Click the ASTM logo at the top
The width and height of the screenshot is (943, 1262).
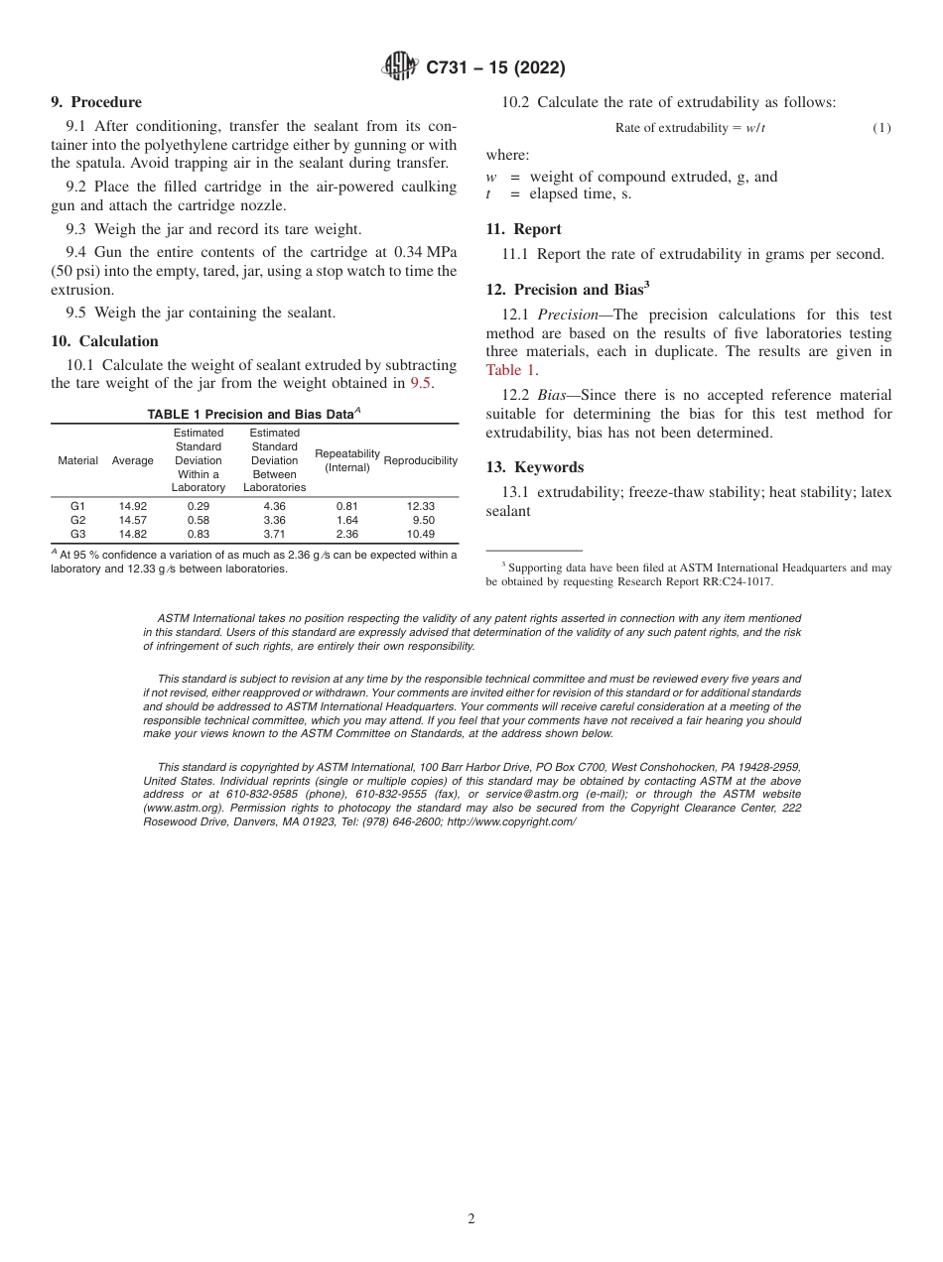[400, 67]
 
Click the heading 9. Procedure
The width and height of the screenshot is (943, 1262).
[96, 102]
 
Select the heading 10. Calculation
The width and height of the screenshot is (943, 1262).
[104, 341]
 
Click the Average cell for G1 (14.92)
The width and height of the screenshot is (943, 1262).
[132, 506]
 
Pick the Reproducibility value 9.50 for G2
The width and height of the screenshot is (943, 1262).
[423, 520]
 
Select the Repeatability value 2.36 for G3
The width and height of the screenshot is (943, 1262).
[347, 534]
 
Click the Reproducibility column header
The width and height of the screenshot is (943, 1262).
[420, 460]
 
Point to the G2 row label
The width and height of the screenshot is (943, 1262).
[77, 520]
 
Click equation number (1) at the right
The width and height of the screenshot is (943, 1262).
[881, 128]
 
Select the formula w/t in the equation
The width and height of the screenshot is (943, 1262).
[755, 128]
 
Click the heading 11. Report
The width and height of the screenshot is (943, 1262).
[523, 229]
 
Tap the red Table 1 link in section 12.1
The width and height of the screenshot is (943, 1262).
[510, 370]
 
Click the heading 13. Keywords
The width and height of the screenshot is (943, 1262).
[534, 467]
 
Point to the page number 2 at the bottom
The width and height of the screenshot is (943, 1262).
[471, 1219]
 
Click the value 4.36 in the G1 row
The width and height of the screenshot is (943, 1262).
[274, 506]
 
